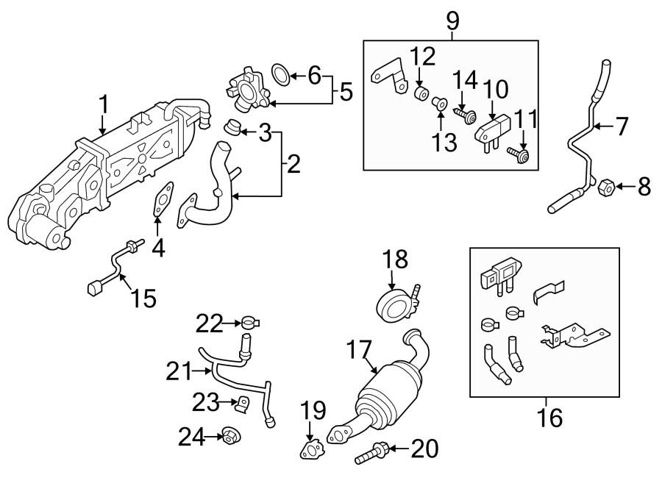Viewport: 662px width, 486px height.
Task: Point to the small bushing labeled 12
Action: click(421, 96)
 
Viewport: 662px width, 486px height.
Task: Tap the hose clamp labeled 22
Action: click(249, 321)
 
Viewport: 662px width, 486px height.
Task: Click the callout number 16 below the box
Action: click(550, 418)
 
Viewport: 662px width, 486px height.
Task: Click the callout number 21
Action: click(177, 372)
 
